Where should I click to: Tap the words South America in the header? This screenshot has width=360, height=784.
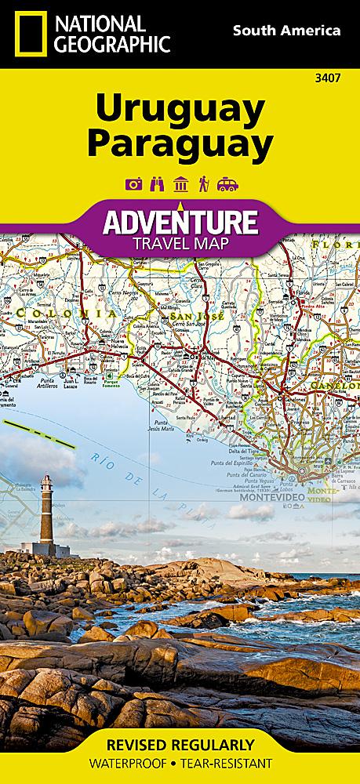[285, 31]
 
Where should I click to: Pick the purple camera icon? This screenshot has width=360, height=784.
[132, 184]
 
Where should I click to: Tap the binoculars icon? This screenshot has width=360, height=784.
[155, 184]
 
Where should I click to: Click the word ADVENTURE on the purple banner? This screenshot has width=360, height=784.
[180, 222]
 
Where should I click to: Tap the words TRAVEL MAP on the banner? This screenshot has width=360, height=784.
[180, 243]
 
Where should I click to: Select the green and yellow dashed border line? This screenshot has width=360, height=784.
[39, 434]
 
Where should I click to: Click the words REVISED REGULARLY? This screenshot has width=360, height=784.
[180, 744]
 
